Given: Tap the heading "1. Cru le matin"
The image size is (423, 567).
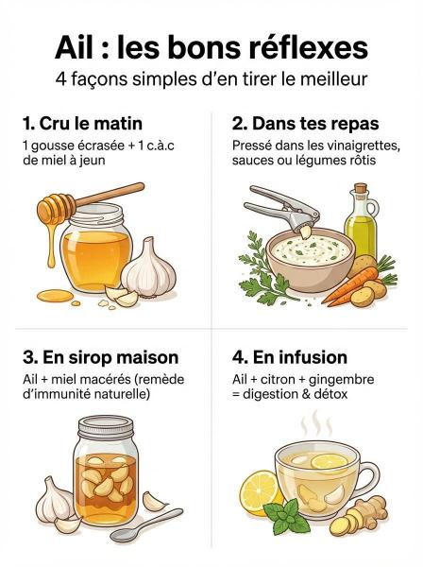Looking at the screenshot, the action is pyautogui.click(x=82, y=123).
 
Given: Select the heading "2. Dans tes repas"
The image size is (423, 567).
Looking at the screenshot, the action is pyautogui.click(x=306, y=124).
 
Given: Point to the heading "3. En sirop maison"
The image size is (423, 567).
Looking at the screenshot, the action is pyautogui.click(x=100, y=357).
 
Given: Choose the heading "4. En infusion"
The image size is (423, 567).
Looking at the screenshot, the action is pyautogui.click(x=290, y=357).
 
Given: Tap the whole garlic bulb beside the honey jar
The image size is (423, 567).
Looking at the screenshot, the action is pyautogui.click(x=148, y=267).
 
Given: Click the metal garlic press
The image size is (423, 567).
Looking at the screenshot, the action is pyautogui.click(x=281, y=209).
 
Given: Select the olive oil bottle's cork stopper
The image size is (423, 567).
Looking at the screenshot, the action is pyautogui.click(x=360, y=188).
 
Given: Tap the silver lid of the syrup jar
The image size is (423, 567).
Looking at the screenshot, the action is pyautogui.click(x=106, y=427).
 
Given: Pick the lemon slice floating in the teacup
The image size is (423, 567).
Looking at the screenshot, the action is pyautogui.click(x=330, y=462).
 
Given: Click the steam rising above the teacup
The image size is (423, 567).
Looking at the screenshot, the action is pyautogui.click(x=317, y=422).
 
